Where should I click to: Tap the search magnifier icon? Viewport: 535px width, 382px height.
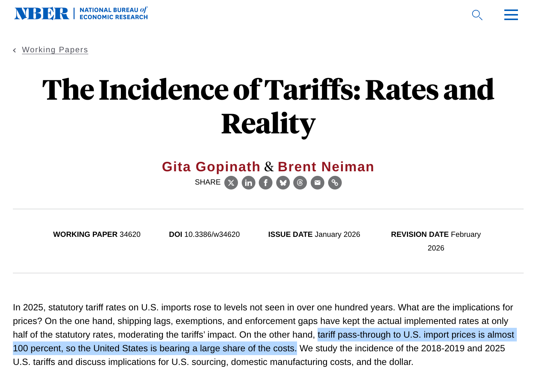[x=477, y=15]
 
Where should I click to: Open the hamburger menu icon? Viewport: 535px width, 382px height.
[x=511, y=15]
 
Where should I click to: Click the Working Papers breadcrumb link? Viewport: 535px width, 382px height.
[x=55, y=50]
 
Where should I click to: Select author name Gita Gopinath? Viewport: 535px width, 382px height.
[x=211, y=167]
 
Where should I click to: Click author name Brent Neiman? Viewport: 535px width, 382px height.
[x=326, y=167]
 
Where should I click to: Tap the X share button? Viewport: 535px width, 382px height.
[x=231, y=183]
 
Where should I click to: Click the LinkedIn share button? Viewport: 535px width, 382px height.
[x=249, y=183]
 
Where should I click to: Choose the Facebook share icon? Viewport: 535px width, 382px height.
[x=266, y=183]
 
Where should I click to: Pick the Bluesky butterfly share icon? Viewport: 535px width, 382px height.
[x=283, y=183]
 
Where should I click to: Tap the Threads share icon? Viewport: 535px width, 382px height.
[x=300, y=183]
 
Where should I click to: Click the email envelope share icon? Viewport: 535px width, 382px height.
[x=318, y=183]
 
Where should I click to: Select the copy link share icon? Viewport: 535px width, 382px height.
[x=335, y=183]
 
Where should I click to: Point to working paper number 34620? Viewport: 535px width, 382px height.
[x=130, y=235]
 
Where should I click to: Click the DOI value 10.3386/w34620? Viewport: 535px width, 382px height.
[x=212, y=235]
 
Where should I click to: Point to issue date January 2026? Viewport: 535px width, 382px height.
[x=337, y=235]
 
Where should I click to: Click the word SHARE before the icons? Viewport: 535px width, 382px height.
[x=208, y=182]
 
